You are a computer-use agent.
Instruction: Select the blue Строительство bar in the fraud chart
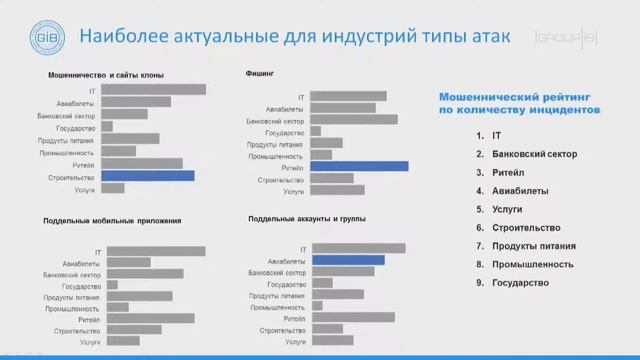(x=147, y=175)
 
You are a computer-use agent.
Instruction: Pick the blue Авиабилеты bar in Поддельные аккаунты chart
(x=347, y=259)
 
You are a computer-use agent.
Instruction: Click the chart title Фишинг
(x=259, y=73)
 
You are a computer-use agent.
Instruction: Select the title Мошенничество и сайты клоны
(x=105, y=75)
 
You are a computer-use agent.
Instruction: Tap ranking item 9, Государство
(x=519, y=283)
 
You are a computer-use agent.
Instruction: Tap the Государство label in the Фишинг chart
(x=285, y=132)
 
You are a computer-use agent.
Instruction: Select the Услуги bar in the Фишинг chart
(x=338, y=189)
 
